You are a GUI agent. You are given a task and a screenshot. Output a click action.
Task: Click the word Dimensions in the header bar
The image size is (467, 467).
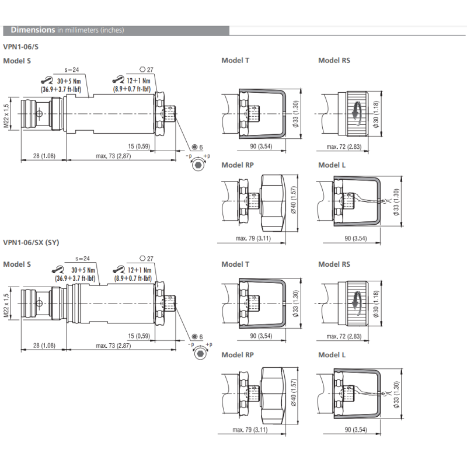tap(33, 30)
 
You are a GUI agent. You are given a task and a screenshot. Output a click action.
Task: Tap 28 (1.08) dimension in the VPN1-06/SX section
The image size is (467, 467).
tap(39, 347)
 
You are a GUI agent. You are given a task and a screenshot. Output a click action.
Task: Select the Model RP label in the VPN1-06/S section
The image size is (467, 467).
tap(238, 165)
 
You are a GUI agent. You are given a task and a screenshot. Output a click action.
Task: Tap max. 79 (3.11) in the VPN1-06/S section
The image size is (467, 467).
tap(252, 238)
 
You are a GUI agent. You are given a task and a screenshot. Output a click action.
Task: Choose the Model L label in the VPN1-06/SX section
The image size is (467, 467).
tap(332, 355)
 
